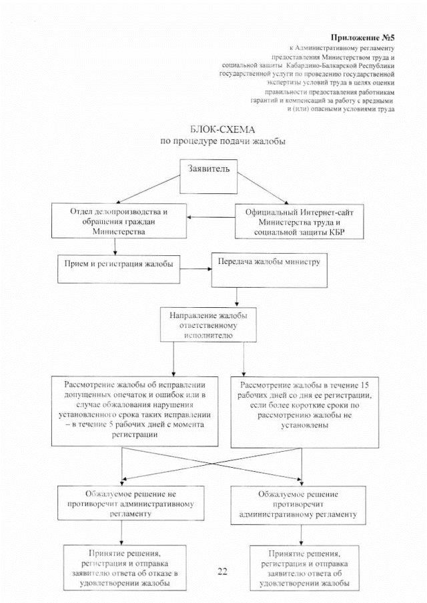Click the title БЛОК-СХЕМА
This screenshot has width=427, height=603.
tap(222, 129)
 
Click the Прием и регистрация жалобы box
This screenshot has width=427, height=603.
tap(115, 264)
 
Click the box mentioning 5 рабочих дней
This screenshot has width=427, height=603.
tap(135, 410)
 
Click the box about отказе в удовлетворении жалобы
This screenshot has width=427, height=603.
tap(124, 567)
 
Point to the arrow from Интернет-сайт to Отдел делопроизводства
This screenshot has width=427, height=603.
tap(211, 217)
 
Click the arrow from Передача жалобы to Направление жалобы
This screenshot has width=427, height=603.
tap(237, 297)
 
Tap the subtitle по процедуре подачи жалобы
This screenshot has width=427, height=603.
tap(222, 141)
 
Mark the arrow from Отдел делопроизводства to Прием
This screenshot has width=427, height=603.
tap(116, 247)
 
